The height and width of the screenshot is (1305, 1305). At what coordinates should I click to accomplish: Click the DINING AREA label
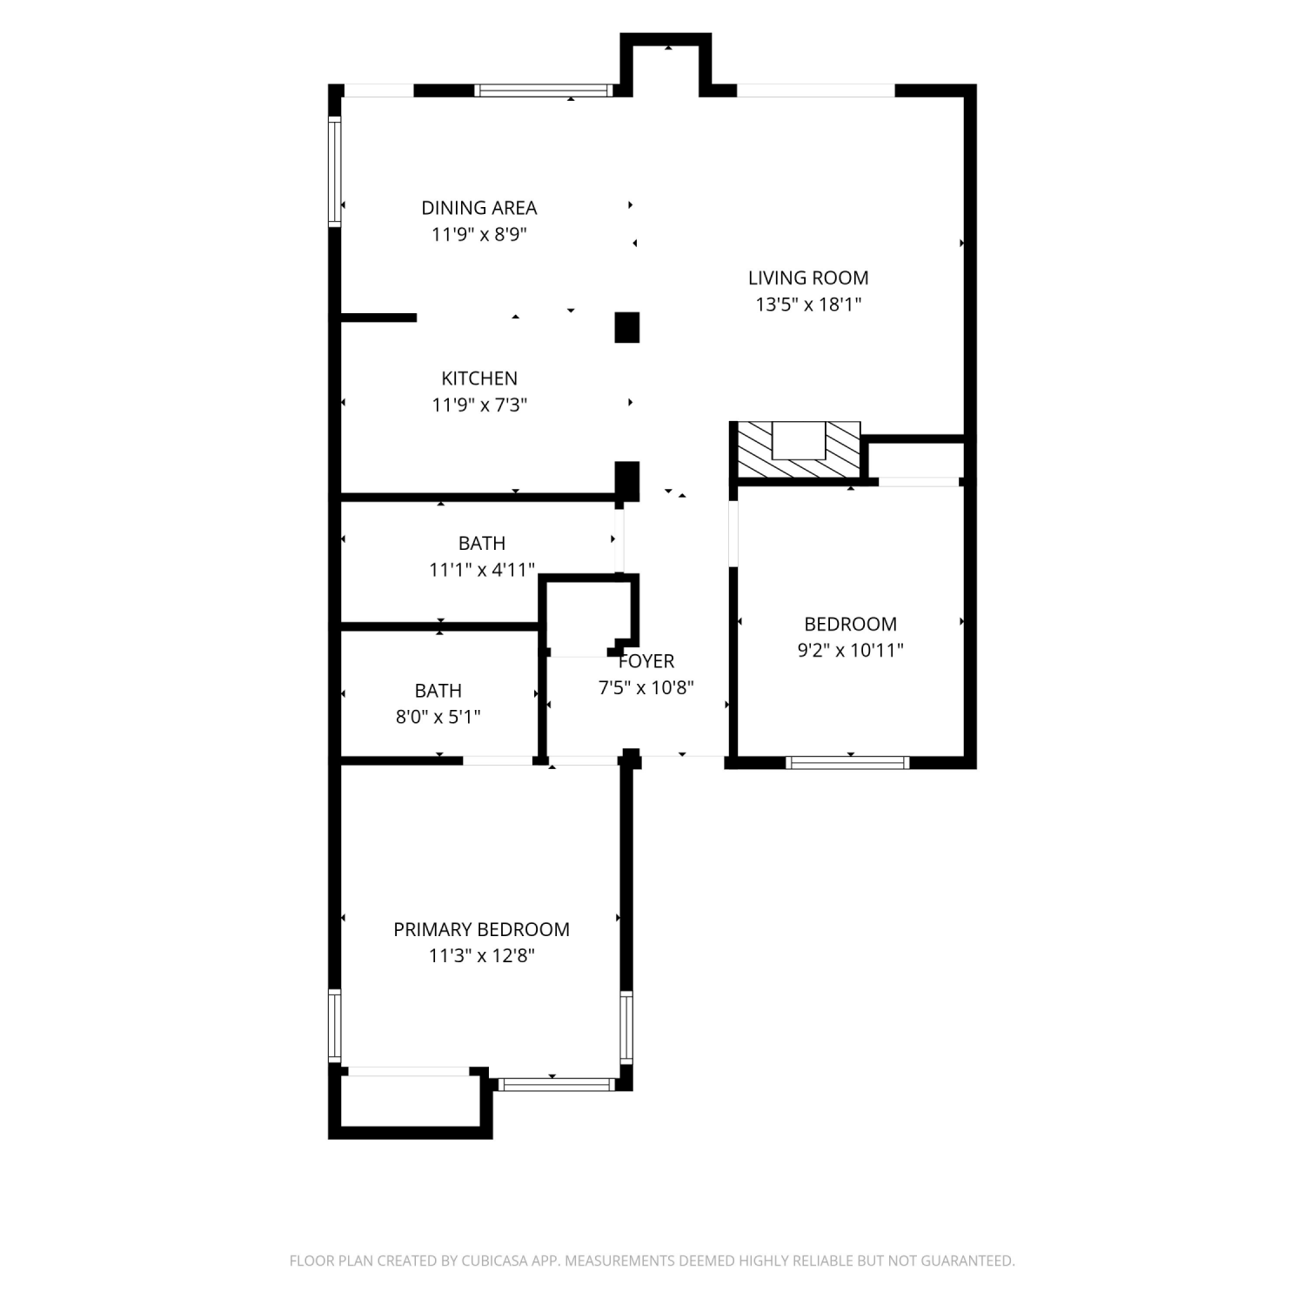(x=479, y=208)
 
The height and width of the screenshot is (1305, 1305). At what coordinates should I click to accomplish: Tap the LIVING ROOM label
(x=808, y=278)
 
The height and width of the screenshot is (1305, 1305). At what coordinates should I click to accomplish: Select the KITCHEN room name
(x=479, y=378)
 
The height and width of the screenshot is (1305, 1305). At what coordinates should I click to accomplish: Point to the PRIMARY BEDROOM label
(x=481, y=929)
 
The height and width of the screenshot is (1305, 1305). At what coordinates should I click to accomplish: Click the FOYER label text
(x=646, y=661)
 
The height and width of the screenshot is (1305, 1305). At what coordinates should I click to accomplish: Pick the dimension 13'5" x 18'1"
(x=808, y=304)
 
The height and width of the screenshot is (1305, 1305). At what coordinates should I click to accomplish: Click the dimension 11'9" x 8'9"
(x=479, y=234)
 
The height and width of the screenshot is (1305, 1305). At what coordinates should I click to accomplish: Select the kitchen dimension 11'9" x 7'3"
(x=479, y=405)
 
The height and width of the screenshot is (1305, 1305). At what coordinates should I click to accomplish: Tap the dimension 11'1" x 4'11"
(x=481, y=570)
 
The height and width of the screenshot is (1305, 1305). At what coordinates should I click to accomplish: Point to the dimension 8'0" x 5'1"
(x=438, y=717)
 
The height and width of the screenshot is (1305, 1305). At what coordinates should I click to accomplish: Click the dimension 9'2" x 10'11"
(x=850, y=650)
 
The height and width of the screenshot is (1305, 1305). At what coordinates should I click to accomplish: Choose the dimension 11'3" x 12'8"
(x=481, y=955)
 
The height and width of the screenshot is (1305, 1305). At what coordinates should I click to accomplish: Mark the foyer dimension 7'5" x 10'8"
(x=646, y=687)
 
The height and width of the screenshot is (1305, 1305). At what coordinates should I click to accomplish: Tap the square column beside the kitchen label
(x=627, y=327)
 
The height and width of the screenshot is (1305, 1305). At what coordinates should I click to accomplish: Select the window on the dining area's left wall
(x=334, y=172)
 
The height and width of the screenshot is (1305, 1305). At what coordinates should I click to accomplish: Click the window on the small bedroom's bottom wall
(x=847, y=763)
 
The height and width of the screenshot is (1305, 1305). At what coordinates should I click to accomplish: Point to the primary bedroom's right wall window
(x=626, y=1027)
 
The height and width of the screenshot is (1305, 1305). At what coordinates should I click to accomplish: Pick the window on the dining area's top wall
(x=544, y=90)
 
